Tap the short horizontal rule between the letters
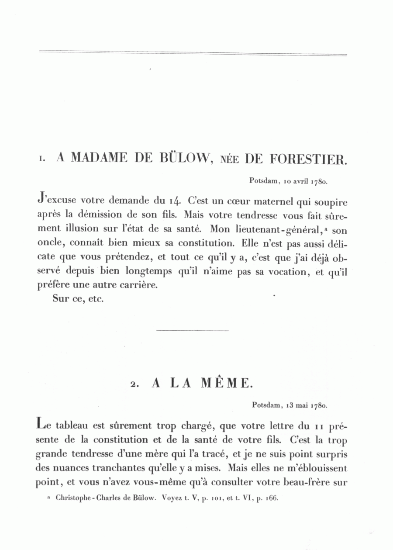click(x=192, y=331)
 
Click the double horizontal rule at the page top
click(x=193, y=54)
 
